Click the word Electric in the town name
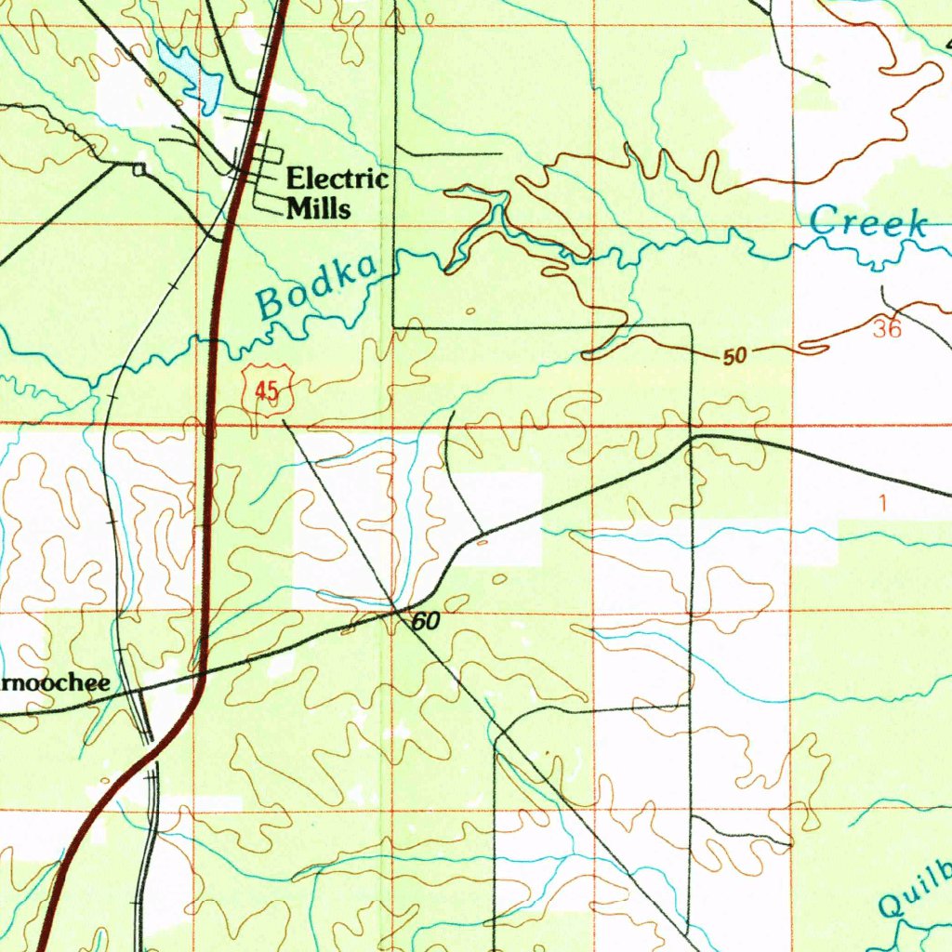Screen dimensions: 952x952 click(337, 178)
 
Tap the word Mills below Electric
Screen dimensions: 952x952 click(319, 207)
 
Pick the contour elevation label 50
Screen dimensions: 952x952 click(735, 356)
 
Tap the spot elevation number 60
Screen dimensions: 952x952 click(425, 622)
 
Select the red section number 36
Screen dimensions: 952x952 click(887, 329)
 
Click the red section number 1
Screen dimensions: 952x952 click(882, 503)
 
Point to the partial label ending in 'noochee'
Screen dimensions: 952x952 click(54, 683)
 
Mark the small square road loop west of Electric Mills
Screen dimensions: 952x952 click(139, 168)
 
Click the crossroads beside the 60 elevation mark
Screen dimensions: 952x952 click(397, 610)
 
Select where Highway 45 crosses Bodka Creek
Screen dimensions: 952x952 click(214, 343)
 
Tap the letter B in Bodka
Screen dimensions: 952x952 click(271, 302)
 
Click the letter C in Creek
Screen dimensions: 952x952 click(822, 221)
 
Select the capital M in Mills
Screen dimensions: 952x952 click(298, 207)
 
